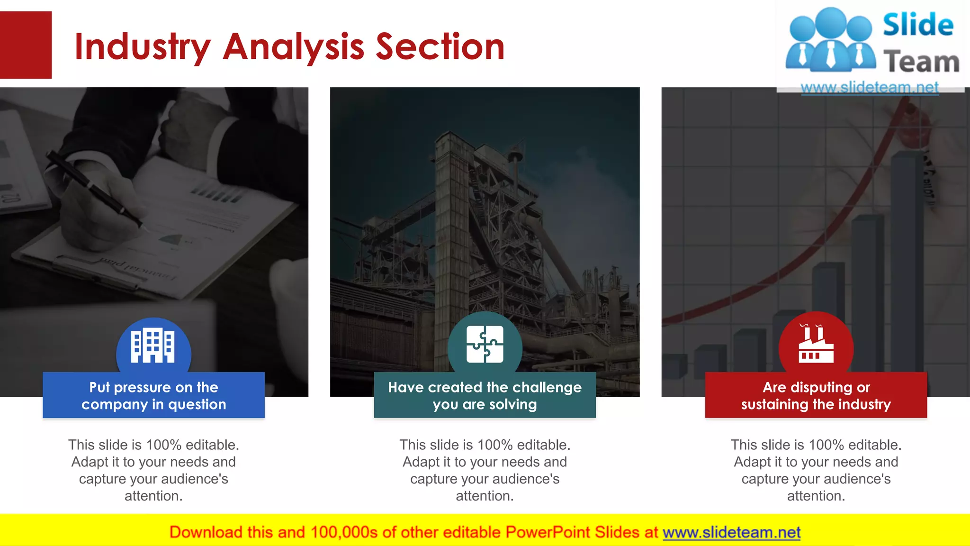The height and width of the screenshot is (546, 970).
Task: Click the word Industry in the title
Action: pyautogui.click(x=142, y=47)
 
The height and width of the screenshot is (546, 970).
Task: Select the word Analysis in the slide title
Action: pyautogui.click(x=294, y=47)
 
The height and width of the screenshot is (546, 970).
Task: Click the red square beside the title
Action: pyautogui.click(x=26, y=45)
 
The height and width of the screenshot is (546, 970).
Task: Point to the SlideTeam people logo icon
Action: pyautogui.click(x=830, y=40)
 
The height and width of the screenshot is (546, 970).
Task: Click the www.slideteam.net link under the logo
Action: pyautogui.click(x=870, y=88)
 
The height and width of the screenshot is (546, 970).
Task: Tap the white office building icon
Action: pyautogui.click(x=153, y=346)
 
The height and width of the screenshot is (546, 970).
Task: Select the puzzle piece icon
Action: pyautogui.click(x=485, y=344)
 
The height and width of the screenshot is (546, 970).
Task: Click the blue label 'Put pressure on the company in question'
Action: pyautogui.click(x=153, y=395)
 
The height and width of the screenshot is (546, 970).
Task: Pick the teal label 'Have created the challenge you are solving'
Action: pyautogui.click(x=485, y=395)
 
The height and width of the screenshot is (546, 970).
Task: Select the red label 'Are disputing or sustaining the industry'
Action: pyautogui.click(x=816, y=395)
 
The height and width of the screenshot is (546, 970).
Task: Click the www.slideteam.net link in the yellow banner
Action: pyautogui.click(x=731, y=532)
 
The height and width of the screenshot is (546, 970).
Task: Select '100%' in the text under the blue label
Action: pyautogui.click(x=164, y=445)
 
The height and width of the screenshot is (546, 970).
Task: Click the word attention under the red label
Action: pyautogui.click(x=816, y=496)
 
